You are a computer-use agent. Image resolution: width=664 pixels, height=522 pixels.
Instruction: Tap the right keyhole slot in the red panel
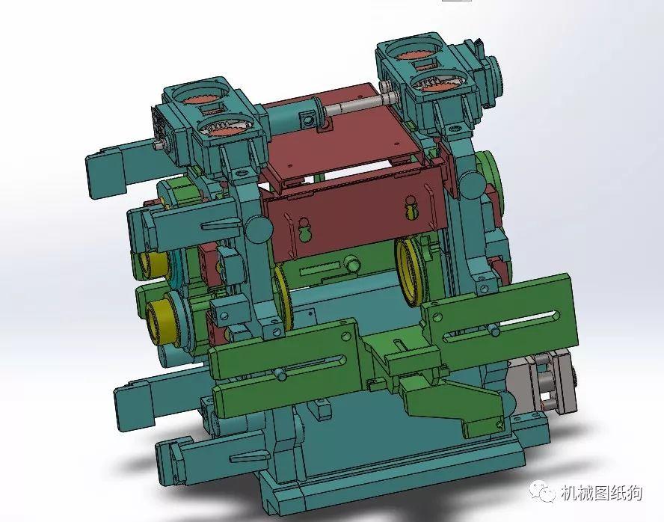click(x=411, y=209)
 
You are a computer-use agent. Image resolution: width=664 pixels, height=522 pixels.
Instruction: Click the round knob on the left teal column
click(x=256, y=225)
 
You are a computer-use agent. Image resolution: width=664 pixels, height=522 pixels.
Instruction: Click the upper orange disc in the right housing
click(x=412, y=54)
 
